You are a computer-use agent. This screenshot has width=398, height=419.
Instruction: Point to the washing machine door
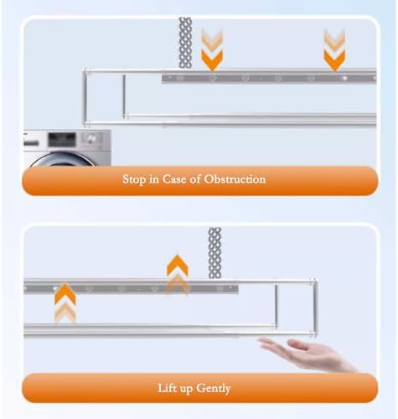click(x=63, y=159)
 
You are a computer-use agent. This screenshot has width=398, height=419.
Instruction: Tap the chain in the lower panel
click(x=215, y=251)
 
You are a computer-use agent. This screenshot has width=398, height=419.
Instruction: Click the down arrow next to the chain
click(x=212, y=50)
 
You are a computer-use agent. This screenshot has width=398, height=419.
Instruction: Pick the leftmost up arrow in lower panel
click(x=65, y=303)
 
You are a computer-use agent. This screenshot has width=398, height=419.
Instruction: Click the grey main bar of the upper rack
click(x=268, y=78)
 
